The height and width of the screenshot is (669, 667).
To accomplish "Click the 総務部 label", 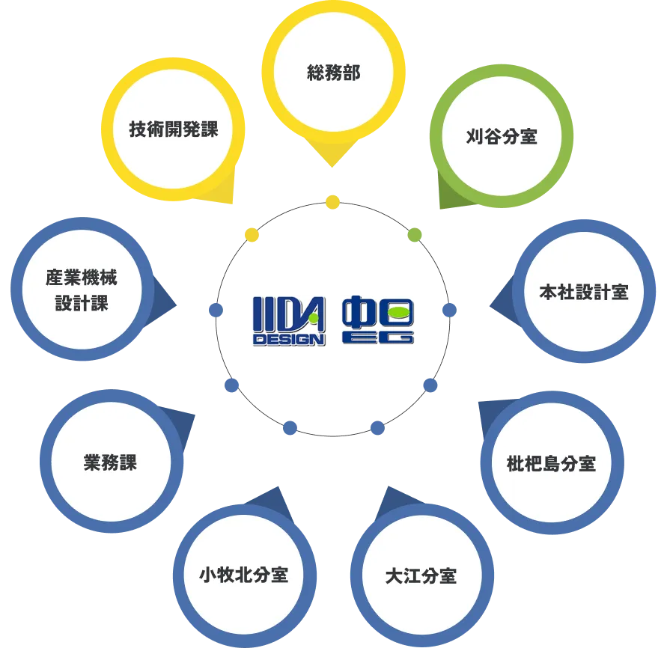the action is pyautogui.click(x=333, y=73).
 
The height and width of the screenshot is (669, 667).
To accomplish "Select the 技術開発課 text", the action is pyautogui.click(x=173, y=129).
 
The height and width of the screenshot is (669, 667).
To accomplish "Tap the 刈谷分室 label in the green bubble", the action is pyautogui.click(x=502, y=136).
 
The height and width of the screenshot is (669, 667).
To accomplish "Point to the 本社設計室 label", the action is pyautogui.click(x=584, y=293).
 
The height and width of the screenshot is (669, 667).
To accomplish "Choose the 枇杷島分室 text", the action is pyautogui.click(x=551, y=463).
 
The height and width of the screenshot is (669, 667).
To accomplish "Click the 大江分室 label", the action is pyautogui.click(x=421, y=575).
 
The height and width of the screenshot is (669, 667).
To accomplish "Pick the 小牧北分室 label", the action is pyautogui.click(x=244, y=575).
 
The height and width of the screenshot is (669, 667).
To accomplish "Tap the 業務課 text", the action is pyautogui.click(x=110, y=462).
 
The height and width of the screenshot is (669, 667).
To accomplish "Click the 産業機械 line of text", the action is pyautogui.click(x=82, y=278).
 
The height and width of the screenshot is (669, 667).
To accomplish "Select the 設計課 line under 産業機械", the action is pyautogui.click(x=82, y=303).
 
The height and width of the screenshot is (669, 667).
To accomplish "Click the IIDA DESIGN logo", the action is pyautogui.click(x=289, y=321).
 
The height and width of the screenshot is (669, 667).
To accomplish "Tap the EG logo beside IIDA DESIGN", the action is pyautogui.click(x=378, y=320).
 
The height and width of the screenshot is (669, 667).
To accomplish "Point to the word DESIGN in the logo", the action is pyautogui.click(x=289, y=340).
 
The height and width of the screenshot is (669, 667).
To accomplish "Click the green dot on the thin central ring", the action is pyautogui.click(x=415, y=235).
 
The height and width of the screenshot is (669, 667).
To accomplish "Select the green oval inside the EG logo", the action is pyautogui.click(x=399, y=313).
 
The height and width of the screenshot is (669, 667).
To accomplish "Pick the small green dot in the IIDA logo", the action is pyautogui.click(x=314, y=318).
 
